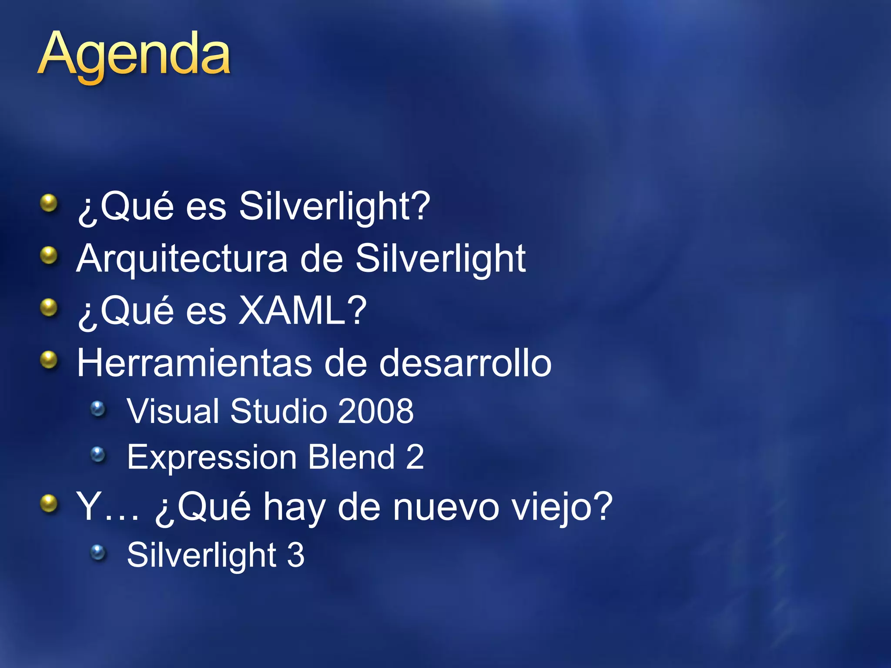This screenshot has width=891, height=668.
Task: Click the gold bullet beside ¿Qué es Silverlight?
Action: click(x=49, y=203)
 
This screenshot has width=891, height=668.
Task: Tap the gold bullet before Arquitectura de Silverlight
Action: click(x=49, y=256)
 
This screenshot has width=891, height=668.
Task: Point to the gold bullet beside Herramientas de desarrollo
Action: click(x=49, y=360)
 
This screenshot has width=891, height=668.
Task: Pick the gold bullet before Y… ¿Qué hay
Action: click(x=49, y=504)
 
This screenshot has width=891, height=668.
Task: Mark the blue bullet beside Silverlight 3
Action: click(x=98, y=553)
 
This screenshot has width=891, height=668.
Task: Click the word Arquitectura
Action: click(x=182, y=260)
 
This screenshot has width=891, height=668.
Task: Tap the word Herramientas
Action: click(x=194, y=363)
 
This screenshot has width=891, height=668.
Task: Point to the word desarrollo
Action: click(x=465, y=363)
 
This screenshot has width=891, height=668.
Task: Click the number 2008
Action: click(x=375, y=411)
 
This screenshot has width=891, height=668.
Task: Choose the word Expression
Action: click(x=212, y=458)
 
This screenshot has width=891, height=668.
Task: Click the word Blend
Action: click(x=351, y=457)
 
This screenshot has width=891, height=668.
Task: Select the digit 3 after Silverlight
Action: click(x=296, y=555)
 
